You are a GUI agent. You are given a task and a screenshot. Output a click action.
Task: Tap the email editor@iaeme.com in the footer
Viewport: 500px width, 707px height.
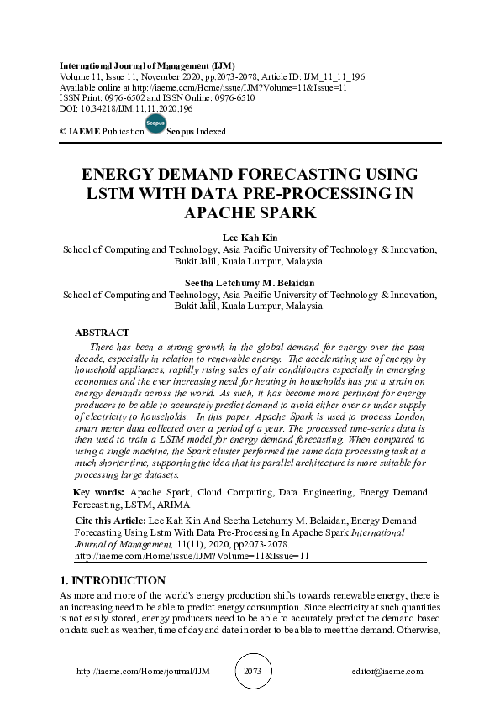(387, 672)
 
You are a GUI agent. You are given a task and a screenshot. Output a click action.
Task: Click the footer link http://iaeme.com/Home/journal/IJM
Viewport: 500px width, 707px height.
(142, 672)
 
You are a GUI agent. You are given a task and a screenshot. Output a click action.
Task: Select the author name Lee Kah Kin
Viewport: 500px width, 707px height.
(250, 238)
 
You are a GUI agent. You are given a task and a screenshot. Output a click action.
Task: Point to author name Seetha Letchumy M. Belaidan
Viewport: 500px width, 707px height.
(250, 283)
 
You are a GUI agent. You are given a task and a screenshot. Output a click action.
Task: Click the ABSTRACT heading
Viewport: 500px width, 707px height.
(102, 333)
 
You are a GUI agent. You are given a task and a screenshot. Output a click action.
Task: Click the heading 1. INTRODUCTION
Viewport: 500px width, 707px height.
(113, 581)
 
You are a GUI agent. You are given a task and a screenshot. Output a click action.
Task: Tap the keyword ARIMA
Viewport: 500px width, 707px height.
(171, 505)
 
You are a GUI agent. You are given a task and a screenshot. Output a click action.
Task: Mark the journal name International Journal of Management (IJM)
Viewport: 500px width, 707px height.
(147, 65)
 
